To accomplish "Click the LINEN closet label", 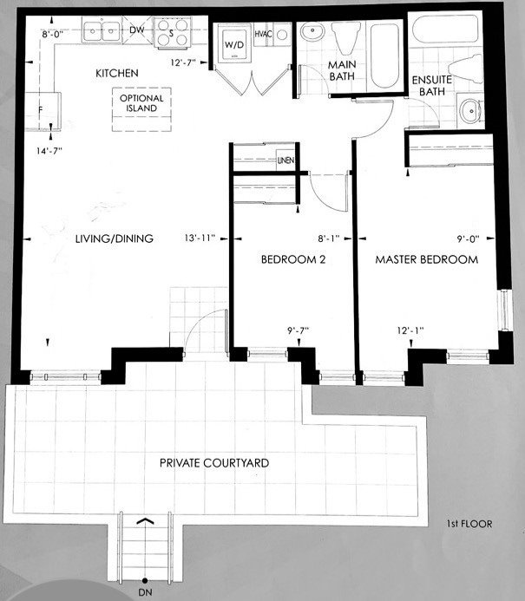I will pyautogui.click(x=285, y=160).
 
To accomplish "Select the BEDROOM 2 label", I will pyautogui.click(x=293, y=259).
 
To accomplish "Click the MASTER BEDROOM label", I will pyautogui.click(x=426, y=259).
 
